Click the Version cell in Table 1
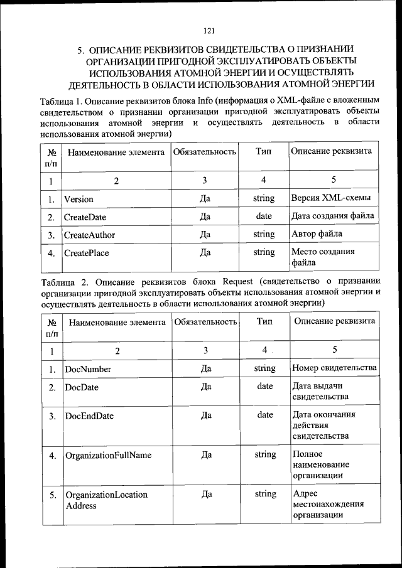79,199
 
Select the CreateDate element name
85,217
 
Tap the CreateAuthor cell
89,235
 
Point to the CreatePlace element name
87,253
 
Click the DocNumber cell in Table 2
88,369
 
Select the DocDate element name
82,387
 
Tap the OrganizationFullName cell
108,455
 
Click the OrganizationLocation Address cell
106,500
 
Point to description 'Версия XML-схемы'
330,198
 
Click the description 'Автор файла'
317,235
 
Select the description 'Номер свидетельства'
334,368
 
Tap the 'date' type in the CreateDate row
264,217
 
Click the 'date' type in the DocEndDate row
265,415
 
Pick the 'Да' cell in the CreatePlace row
205,253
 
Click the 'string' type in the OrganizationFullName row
265,454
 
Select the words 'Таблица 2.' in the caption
64,279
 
